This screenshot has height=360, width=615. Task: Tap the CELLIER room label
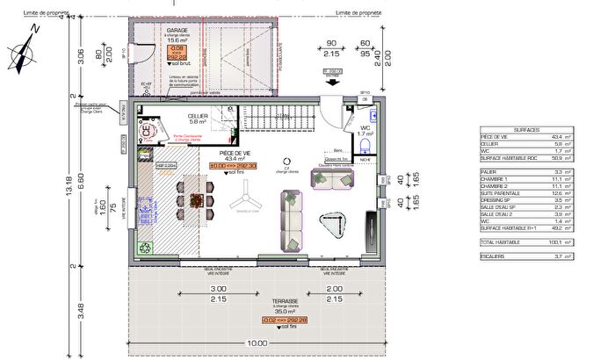click(197, 115)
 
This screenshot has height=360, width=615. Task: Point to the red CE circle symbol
click(147, 133)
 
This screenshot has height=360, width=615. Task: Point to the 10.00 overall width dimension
click(256, 342)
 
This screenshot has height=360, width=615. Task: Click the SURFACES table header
click(528, 128)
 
